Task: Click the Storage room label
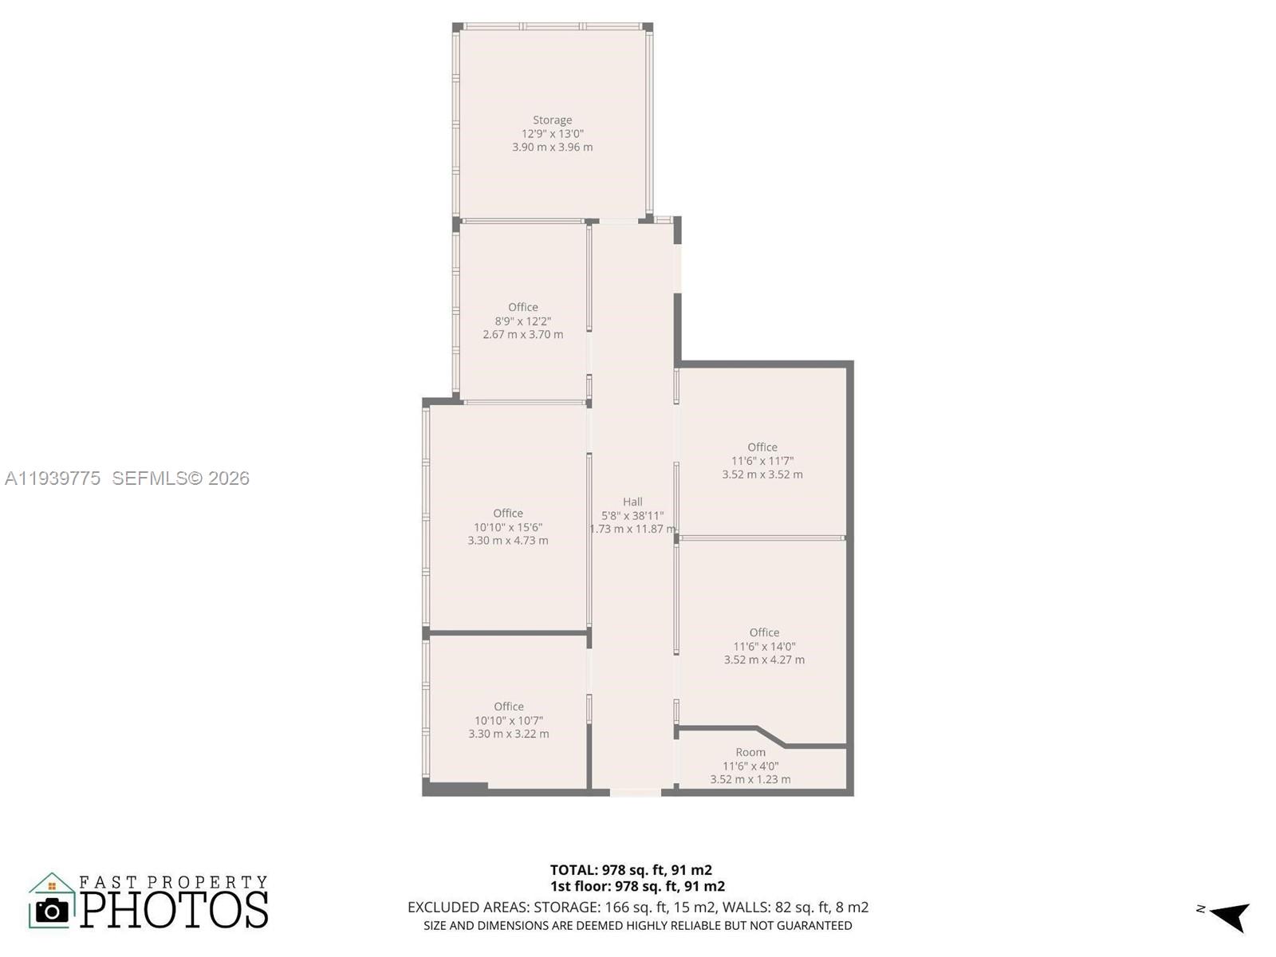[552, 120]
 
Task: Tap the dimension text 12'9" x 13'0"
[552, 134]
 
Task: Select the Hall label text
[632, 502]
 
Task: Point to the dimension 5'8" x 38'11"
[632, 515]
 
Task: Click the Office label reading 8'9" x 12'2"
[523, 308]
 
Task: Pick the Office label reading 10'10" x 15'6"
[508, 514]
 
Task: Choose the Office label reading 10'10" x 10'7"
[509, 707]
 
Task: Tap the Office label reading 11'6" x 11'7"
[762, 447]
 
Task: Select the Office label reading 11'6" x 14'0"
[764, 632]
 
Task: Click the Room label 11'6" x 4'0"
[750, 752]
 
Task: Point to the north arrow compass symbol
[1229, 916]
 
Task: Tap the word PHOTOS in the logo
[174, 910]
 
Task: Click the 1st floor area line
[637, 886]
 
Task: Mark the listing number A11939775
[53, 478]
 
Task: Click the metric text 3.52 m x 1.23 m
[750, 779]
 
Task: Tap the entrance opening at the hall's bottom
[636, 792]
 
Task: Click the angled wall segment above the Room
[770, 736]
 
